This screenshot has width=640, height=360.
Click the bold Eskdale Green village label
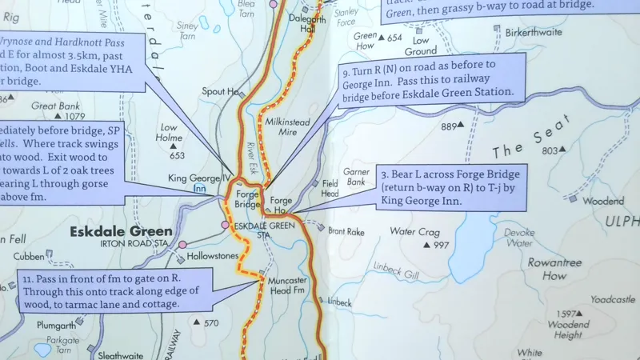tap(121, 233)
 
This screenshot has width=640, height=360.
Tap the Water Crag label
tap(414, 232)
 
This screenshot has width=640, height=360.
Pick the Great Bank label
tap(54, 105)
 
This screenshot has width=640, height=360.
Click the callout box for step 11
tap(114, 289)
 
